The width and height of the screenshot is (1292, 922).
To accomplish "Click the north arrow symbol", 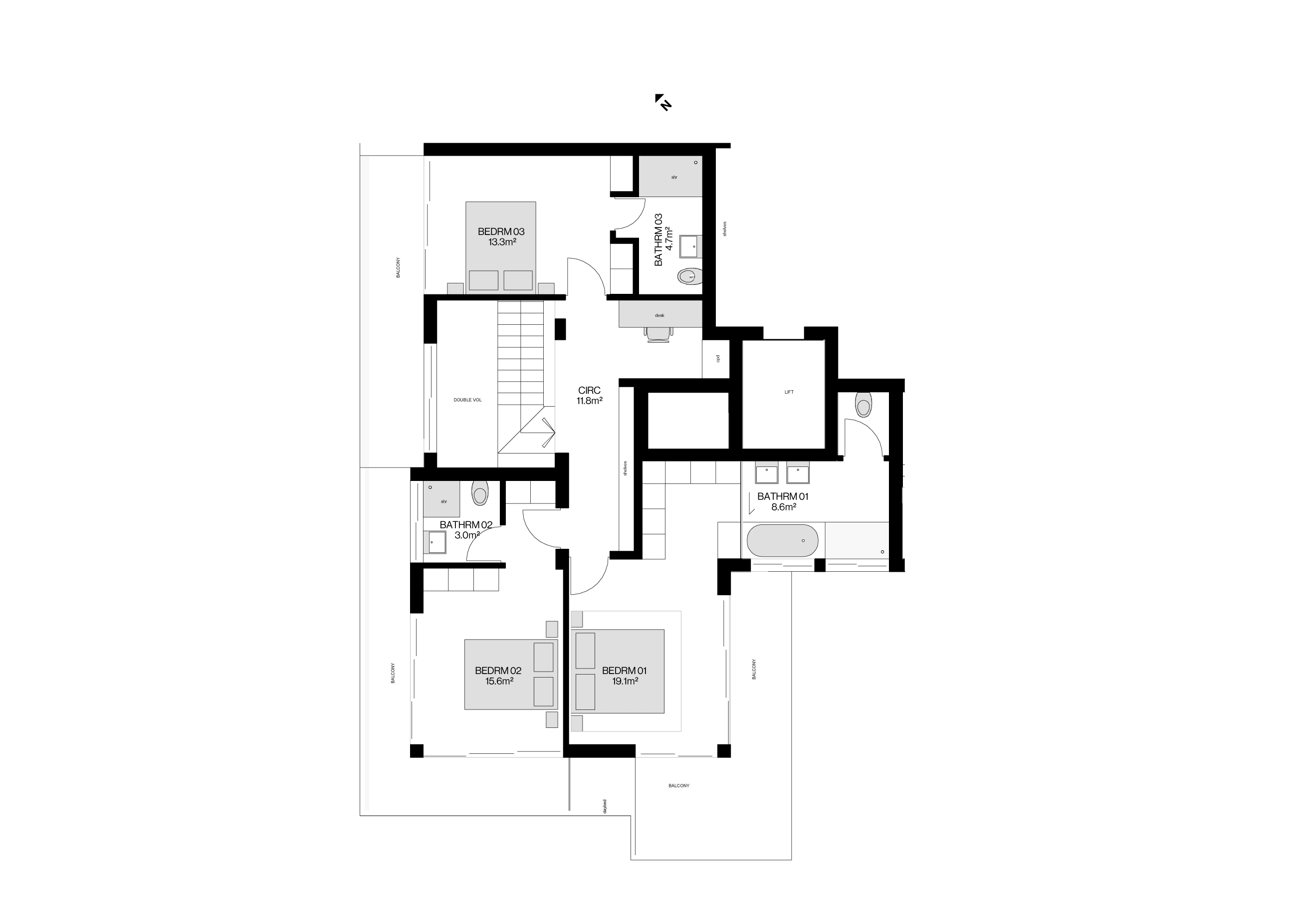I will coord(663,102).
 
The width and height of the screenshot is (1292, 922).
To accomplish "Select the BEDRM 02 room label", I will coord(498,676).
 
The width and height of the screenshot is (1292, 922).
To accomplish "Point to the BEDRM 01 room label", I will coord(624,676).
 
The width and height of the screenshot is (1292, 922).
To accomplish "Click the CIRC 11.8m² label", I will coord(589,395).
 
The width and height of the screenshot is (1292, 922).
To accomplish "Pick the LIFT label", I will coord(789,392).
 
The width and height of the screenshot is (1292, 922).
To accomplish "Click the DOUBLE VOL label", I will coord(467,400).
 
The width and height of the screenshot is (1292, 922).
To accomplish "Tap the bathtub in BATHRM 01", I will coord(782,540).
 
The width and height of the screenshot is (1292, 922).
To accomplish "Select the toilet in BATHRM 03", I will coord(689,276).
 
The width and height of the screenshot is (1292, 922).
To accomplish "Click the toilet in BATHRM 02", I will coord(480,493).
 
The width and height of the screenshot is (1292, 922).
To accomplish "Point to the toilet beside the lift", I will coord(863,404).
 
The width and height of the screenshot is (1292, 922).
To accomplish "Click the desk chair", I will coord(658,335).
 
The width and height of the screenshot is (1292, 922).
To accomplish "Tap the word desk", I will coord(659,315).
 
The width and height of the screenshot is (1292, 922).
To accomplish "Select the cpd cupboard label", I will coord(717,358).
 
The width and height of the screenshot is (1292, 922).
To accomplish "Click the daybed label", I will coord(605,806).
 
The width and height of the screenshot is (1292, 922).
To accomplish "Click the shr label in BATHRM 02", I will coord(443,501).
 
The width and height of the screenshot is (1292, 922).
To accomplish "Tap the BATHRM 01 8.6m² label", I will coord(783,501).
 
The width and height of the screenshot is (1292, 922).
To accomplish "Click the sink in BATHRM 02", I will coord(436,542).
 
